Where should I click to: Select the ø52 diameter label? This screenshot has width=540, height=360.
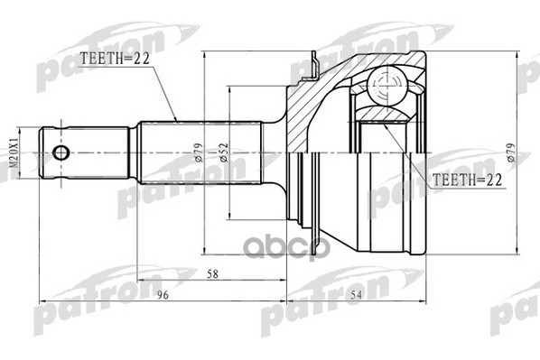tap(222, 152)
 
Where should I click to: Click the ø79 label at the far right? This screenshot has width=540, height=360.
tap(510, 152)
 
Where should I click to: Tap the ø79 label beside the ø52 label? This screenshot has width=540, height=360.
tap(198, 152)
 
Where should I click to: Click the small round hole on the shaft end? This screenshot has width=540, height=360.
tap(61, 152)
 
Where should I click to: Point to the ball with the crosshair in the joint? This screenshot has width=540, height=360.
tap(390, 90)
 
